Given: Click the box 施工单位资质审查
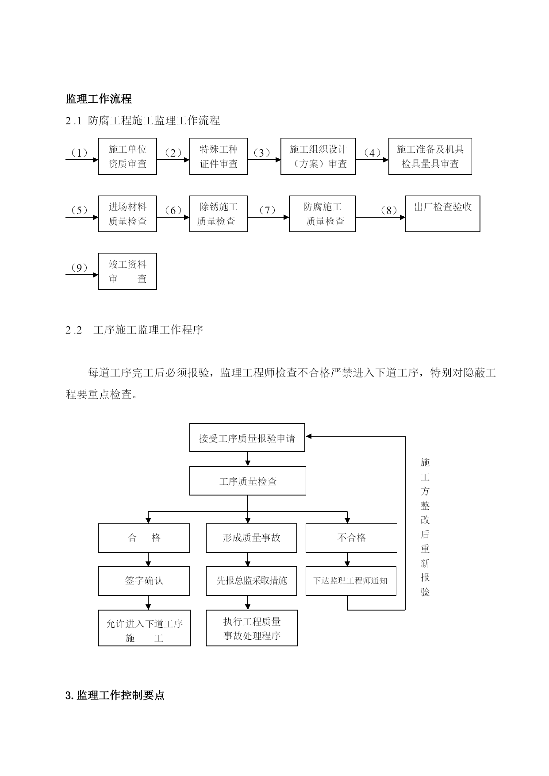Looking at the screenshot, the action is (127, 156).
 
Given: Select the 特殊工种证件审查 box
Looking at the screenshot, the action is (219, 156).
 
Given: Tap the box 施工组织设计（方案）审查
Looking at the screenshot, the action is (318, 156).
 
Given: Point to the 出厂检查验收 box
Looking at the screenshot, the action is (442, 214).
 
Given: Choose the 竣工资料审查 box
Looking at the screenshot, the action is (127, 271).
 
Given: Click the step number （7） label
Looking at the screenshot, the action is (267, 210).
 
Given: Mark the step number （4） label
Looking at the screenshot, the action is (372, 153).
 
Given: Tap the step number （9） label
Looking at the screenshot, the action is (79, 268).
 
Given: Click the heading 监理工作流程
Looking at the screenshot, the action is (99, 99).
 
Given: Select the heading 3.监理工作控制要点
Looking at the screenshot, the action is (115, 695).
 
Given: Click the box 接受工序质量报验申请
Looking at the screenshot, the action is (247, 438).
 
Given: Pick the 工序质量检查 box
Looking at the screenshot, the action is (248, 480).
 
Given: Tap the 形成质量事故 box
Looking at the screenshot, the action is (251, 538).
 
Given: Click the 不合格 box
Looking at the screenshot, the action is (351, 538).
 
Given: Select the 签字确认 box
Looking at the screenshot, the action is (144, 581).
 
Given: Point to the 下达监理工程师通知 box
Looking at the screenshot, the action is (351, 581).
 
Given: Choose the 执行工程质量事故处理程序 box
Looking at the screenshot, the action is (252, 628).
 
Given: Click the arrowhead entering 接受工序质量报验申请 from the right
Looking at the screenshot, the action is (309, 436).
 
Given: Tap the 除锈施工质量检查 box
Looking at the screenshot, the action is (219, 214).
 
